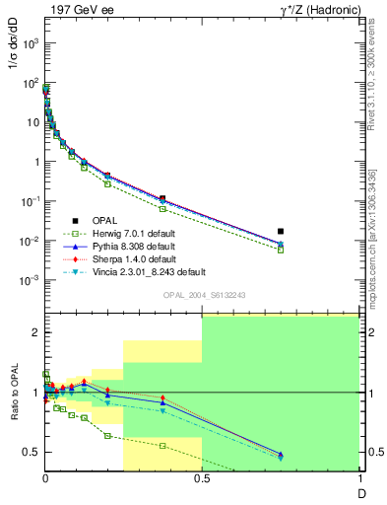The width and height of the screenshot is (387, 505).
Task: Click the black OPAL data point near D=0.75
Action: (281, 232)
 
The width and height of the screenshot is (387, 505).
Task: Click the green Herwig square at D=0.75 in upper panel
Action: (281, 250)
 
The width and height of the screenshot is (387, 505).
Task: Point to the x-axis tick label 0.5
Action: (202, 480)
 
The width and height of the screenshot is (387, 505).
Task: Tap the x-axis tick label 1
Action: (357, 480)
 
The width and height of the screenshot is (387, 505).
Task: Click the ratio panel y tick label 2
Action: (34, 332)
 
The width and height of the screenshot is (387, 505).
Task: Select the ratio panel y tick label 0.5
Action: (31, 452)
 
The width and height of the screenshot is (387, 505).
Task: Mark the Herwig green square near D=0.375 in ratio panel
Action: (162, 445)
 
